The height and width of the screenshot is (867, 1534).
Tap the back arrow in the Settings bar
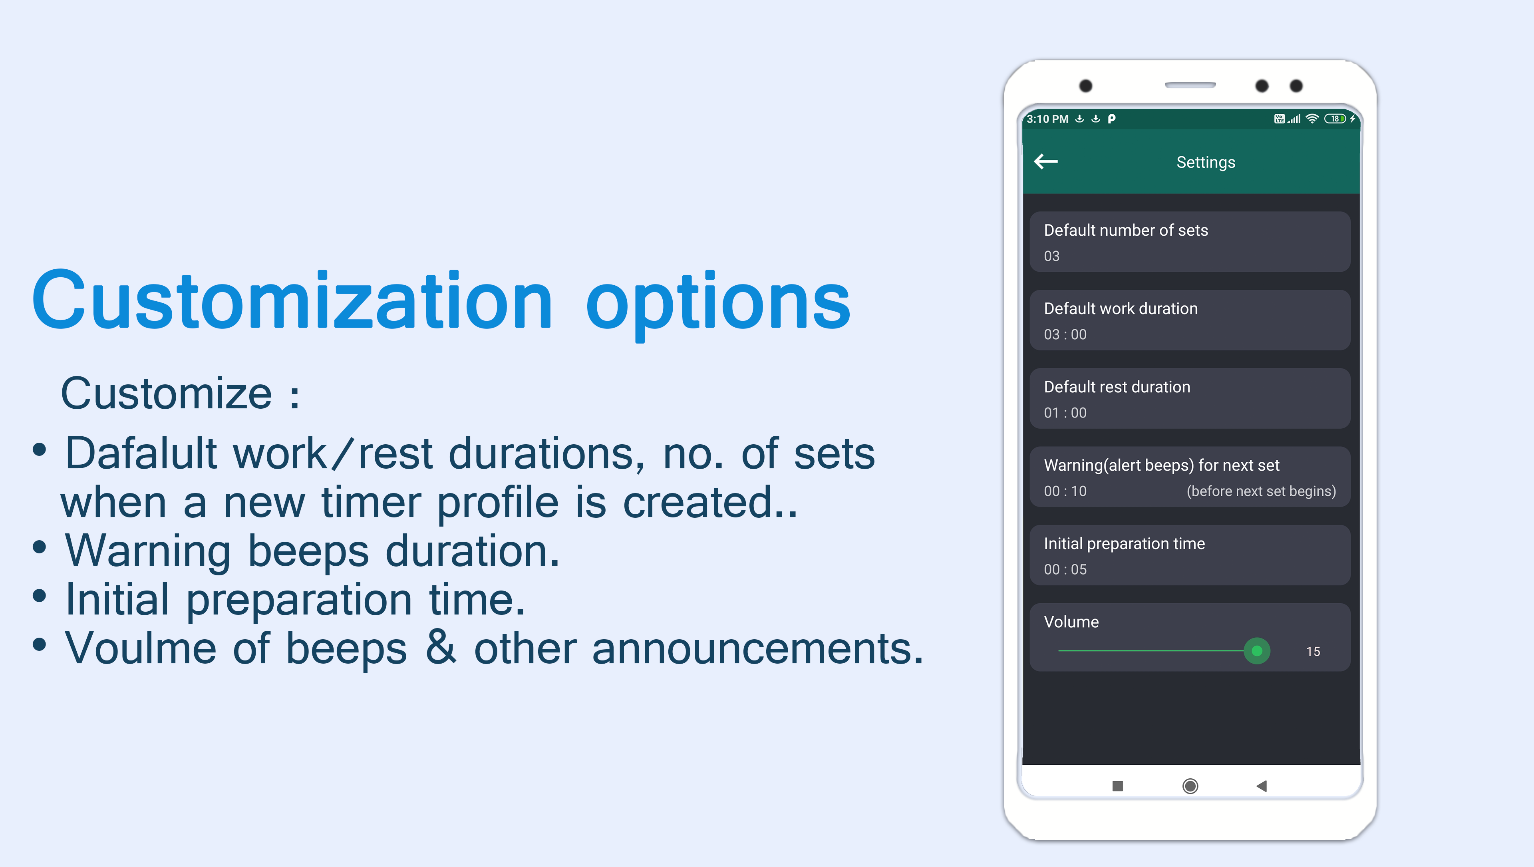pyautogui.click(x=1046, y=161)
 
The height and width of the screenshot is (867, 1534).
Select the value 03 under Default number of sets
pyautogui.click(x=1052, y=256)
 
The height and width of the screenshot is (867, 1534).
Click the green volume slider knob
pyautogui.click(x=1257, y=651)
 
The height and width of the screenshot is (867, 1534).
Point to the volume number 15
pyautogui.click(x=1313, y=651)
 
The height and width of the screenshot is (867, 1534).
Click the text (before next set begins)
pyautogui.click(x=1261, y=491)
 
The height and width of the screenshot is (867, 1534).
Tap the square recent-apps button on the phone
pyautogui.click(x=1117, y=786)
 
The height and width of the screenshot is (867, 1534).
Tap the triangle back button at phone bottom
pyautogui.click(x=1261, y=786)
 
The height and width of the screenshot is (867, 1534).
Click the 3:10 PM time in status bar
pyautogui.click(x=1047, y=119)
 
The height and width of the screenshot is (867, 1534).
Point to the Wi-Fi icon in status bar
pyautogui.click(x=1312, y=119)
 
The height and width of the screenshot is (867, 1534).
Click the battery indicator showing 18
pyautogui.click(x=1335, y=119)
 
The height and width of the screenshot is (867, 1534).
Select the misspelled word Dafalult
pyautogui.click(x=142, y=454)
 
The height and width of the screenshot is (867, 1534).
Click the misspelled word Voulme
pyautogui.click(x=141, y=648)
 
